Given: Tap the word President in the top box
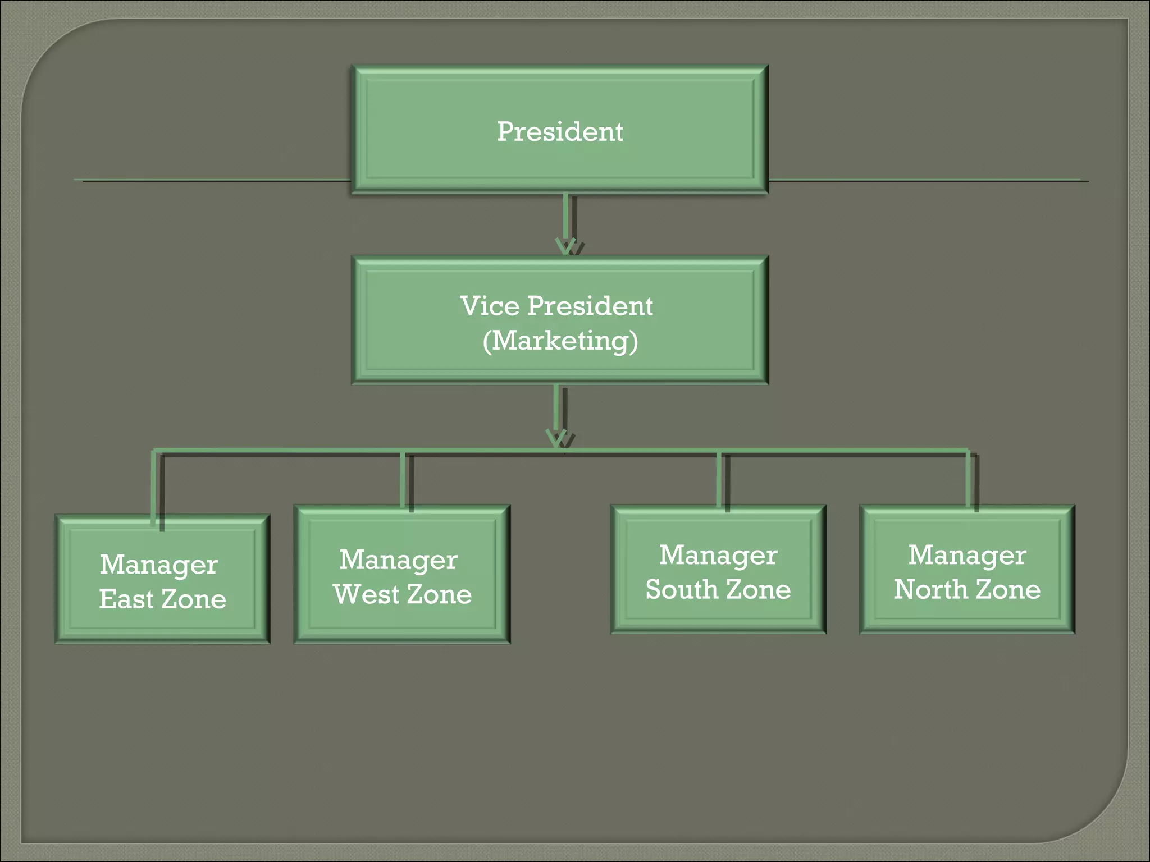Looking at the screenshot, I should (560, 132).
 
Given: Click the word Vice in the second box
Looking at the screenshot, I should (489, 306).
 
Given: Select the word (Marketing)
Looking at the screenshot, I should (560, 341).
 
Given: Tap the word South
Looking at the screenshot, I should (681, 589).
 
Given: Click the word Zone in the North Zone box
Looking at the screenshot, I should (1008, 589).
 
